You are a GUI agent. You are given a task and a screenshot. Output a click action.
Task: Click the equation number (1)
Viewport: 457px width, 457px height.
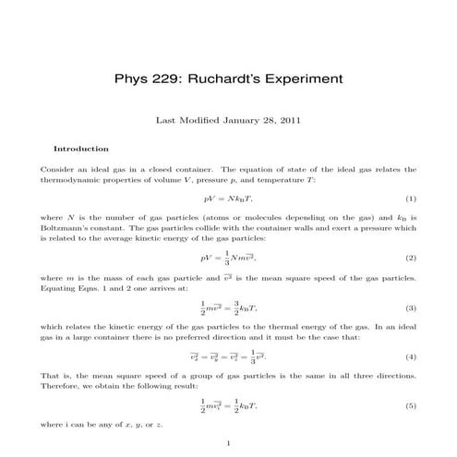(410, 198)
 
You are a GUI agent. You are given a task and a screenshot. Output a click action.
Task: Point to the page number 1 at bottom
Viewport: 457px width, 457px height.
(228, 441)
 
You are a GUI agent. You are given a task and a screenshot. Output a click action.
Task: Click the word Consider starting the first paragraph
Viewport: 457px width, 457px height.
(56, 169)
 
